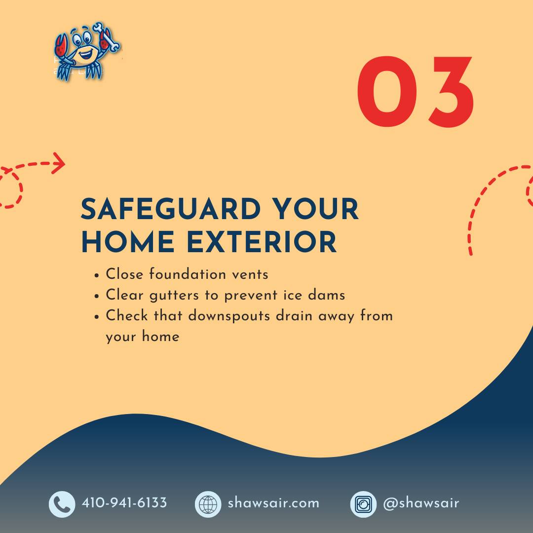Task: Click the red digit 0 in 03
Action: (387, 92)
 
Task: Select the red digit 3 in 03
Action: (451, 92)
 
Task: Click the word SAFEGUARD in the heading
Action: (171, 209)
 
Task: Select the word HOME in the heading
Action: (128, 242)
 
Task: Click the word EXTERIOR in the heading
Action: (262, 242)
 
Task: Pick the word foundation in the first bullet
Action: (188, 274)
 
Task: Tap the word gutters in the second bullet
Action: (174, 296)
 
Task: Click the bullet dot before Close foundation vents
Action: (97, 275)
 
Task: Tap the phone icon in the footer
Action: (62, 504)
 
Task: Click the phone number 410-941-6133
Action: (124, 503)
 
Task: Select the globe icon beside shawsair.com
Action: (208, 504)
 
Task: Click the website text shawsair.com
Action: (273, 503)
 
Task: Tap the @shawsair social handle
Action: (421, 503)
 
